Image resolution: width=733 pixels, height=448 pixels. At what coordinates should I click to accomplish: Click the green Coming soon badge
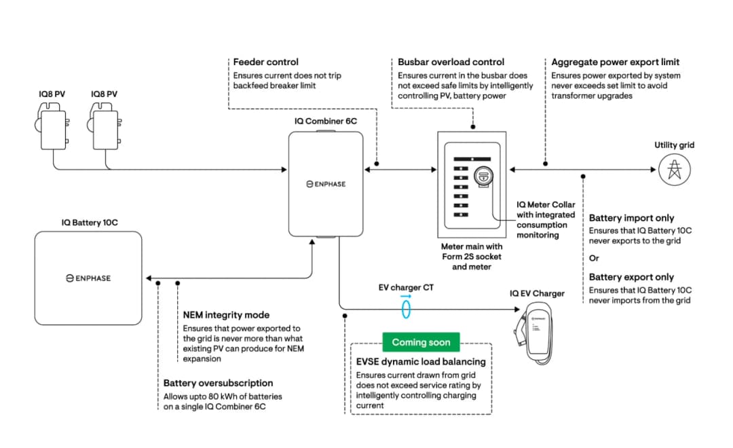point(421,342)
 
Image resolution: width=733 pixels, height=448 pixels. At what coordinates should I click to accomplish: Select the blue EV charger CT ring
point(406,310)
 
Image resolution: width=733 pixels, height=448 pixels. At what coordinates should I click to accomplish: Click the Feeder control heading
point(266,62)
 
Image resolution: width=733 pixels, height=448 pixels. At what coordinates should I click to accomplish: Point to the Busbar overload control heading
point(451,62)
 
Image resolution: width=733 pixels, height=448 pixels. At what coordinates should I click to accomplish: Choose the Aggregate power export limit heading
point(615,62)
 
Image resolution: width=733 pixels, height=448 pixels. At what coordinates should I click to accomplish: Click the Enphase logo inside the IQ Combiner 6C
point(326,184)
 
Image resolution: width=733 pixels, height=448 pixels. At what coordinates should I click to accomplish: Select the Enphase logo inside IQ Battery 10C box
point(88,278)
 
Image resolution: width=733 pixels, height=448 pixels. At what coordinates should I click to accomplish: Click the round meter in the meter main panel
point(483,176)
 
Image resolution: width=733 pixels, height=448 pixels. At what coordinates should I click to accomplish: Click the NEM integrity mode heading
point(226,315)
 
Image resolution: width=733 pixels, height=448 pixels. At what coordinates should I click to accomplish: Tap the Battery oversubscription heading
point(218,384)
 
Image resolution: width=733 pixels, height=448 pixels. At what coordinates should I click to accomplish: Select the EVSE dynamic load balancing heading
point(421,362)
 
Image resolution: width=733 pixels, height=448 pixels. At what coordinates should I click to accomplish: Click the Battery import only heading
point(631,219)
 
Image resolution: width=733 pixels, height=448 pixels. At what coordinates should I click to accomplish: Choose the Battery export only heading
point(631,277)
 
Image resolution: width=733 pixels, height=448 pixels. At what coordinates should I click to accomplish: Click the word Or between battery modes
point(594,258)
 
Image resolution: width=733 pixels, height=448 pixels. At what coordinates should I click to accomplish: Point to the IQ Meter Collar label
point(546,204)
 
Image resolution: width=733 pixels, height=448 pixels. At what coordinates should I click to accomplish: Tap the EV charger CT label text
point(406,288)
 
